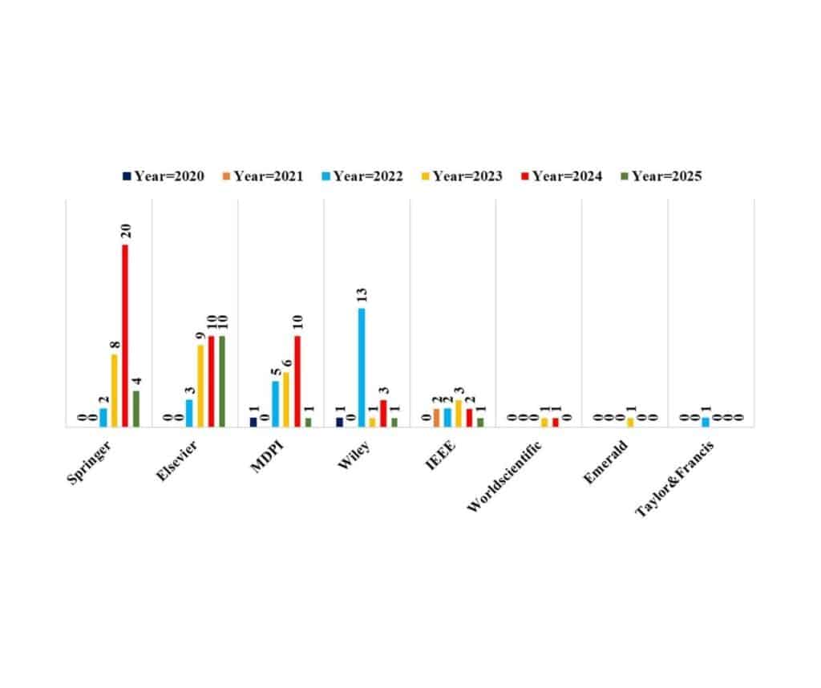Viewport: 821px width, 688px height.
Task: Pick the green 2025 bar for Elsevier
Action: [x=222, y=381]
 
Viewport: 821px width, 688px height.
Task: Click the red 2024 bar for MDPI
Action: [x=297, y=381]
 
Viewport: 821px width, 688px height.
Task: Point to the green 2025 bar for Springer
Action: [x=136, y=408]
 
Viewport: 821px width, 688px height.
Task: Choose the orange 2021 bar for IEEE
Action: [x=436, y=418]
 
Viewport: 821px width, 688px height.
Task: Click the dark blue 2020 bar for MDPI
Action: [x=253, y=422]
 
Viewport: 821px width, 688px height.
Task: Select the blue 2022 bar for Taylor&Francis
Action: [x=706, y=422]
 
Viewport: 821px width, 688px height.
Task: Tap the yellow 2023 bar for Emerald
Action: [x=630, y=422]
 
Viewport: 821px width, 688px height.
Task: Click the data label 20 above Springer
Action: [x=126, y=232]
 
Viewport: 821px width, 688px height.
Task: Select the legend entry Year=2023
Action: [x=462, y=176]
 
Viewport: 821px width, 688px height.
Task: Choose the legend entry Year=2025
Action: [x=661, y=176]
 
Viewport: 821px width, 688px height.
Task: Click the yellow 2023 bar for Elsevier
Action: [x=200, y=386]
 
